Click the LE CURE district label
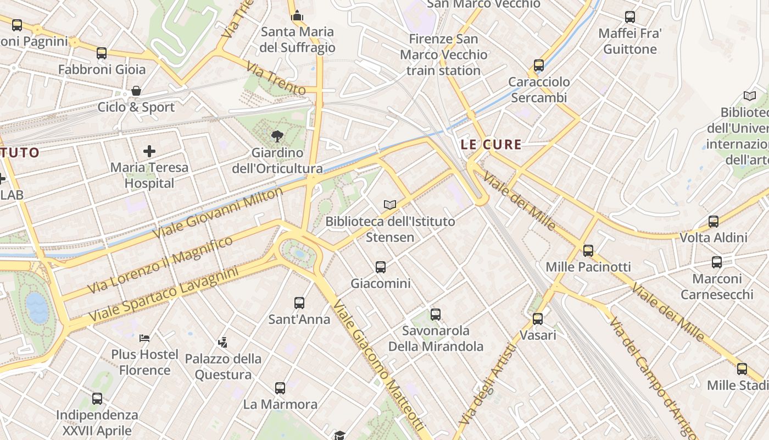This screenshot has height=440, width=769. pos(491,145)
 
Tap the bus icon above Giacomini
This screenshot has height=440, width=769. pos(381,267)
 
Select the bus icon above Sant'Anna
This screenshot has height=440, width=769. pos(299,303)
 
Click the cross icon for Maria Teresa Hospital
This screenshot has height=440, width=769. pos(149,151)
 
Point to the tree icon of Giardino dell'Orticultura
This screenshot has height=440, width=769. pos(277,136)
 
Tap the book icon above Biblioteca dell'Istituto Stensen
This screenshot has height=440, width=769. pos(390,205)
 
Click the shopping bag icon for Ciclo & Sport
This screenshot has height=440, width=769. pos(136,91)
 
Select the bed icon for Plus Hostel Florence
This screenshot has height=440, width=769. pos(144,338)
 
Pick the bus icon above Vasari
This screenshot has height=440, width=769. pos(538,319)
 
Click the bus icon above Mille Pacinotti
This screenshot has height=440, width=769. pos(588,251)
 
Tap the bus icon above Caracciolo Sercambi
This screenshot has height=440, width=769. pos(539,65)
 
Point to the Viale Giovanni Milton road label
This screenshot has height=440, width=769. pos(218,213)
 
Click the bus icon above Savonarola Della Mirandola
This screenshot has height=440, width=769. pos(436,315)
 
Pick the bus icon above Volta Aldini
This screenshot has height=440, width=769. pos(714,222)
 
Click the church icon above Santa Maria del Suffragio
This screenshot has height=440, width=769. pos(297,15)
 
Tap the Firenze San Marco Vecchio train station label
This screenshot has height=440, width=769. pos(443,54)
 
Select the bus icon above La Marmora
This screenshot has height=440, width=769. pos(280,388)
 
